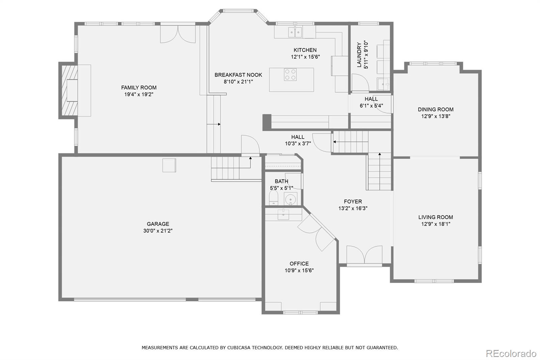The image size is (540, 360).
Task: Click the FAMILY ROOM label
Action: pos(139,87)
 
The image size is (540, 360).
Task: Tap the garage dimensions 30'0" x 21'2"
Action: pos(158,231)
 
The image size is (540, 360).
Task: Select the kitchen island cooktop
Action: pos(290,74)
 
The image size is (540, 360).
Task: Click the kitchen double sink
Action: pos(295,32)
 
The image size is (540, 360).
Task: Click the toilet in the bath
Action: pos(273,198)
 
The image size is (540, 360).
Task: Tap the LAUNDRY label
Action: pos(359,54)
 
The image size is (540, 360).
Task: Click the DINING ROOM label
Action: pos(436,109)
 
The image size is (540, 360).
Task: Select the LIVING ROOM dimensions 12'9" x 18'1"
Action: pos(436,224)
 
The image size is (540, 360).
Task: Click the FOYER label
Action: pos(353,202)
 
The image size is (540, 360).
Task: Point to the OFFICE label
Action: pos(299,263)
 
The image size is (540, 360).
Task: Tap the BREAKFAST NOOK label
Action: pos(238,75)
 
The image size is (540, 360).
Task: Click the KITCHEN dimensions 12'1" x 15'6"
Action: pos(305,57)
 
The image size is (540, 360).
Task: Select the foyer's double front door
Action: pos(364,255)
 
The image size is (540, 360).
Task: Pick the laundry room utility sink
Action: pos(383,84)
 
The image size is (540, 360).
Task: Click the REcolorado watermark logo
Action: pos(511,354)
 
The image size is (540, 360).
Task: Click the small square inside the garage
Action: pos(169,165)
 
